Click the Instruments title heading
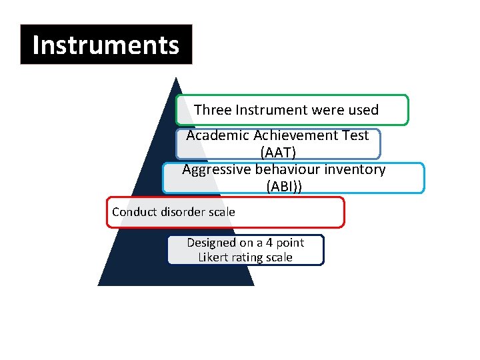106,45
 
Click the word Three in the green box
211,110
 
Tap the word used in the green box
363,110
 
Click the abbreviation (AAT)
278,153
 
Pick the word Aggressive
215,169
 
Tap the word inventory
355,169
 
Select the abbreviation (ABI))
284,187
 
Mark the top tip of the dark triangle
175,78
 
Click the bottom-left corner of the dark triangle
99,285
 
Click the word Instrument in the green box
262,110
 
